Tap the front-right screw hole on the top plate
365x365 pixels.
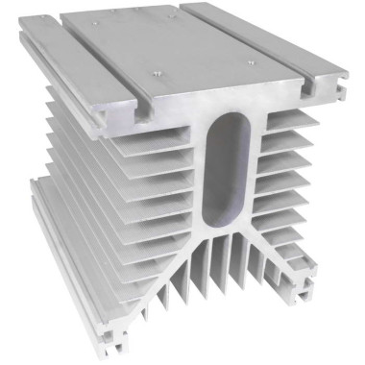pos(251,64)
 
